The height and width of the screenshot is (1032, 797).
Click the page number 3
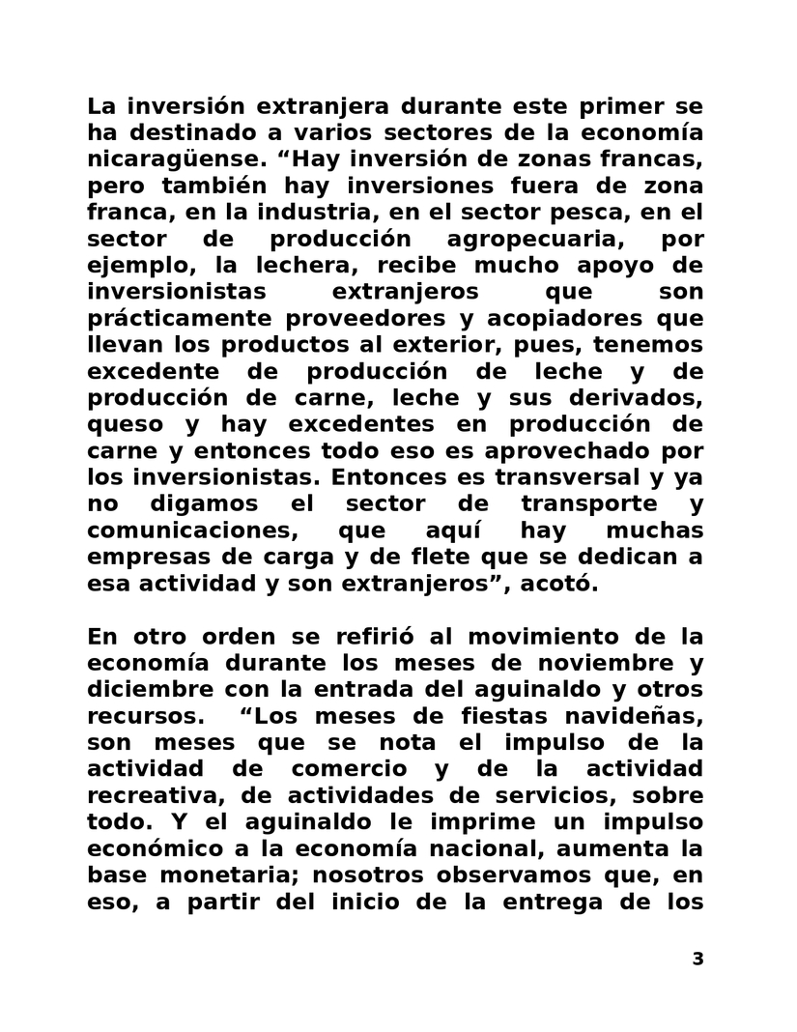point(697,960)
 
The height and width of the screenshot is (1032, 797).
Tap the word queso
point(121,424)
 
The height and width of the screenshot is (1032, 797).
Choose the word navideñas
point(638,716)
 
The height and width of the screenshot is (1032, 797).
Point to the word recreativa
point(144,795)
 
